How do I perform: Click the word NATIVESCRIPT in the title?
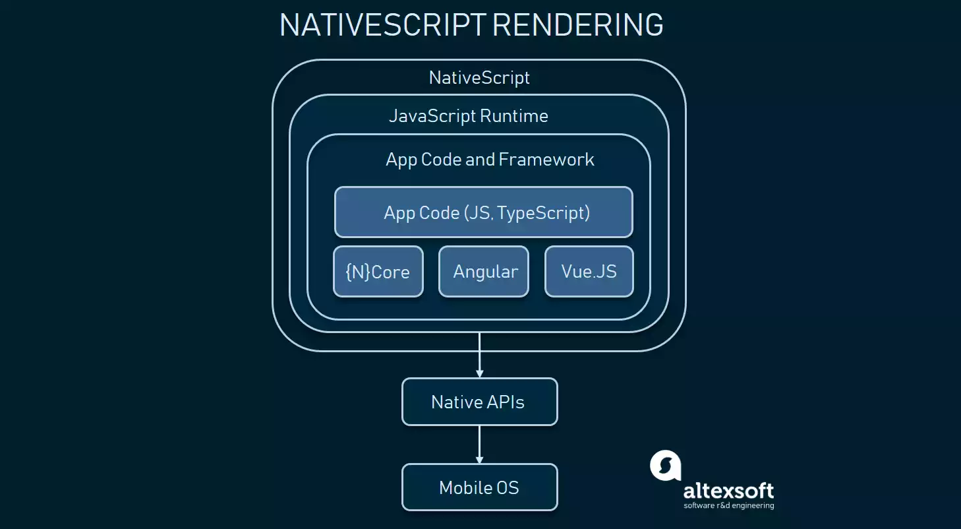tap(383, 25)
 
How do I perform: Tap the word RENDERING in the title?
tap(578, 25)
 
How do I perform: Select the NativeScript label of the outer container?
tap(479, 78)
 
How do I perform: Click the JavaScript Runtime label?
tap(469, 116)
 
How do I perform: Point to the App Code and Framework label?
tap(490, 160)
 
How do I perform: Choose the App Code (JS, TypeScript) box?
tap(484, 212)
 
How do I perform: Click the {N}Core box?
tap(378, 271)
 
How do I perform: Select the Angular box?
tap(484, 271)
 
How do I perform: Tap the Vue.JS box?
tap(589, 271)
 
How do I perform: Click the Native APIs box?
tap(480, 402)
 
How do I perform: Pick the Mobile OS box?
tap(480, 487)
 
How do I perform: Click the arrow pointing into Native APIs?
tap(480, 355)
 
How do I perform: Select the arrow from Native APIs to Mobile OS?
tap(480, 445)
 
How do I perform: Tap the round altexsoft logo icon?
tap(666, 465)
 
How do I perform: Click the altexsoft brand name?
tap(728, 490)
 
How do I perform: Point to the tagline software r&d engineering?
tap(728, 505)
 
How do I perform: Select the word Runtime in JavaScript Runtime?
tap(514, 116)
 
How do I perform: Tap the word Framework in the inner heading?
tap(546, 160)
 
